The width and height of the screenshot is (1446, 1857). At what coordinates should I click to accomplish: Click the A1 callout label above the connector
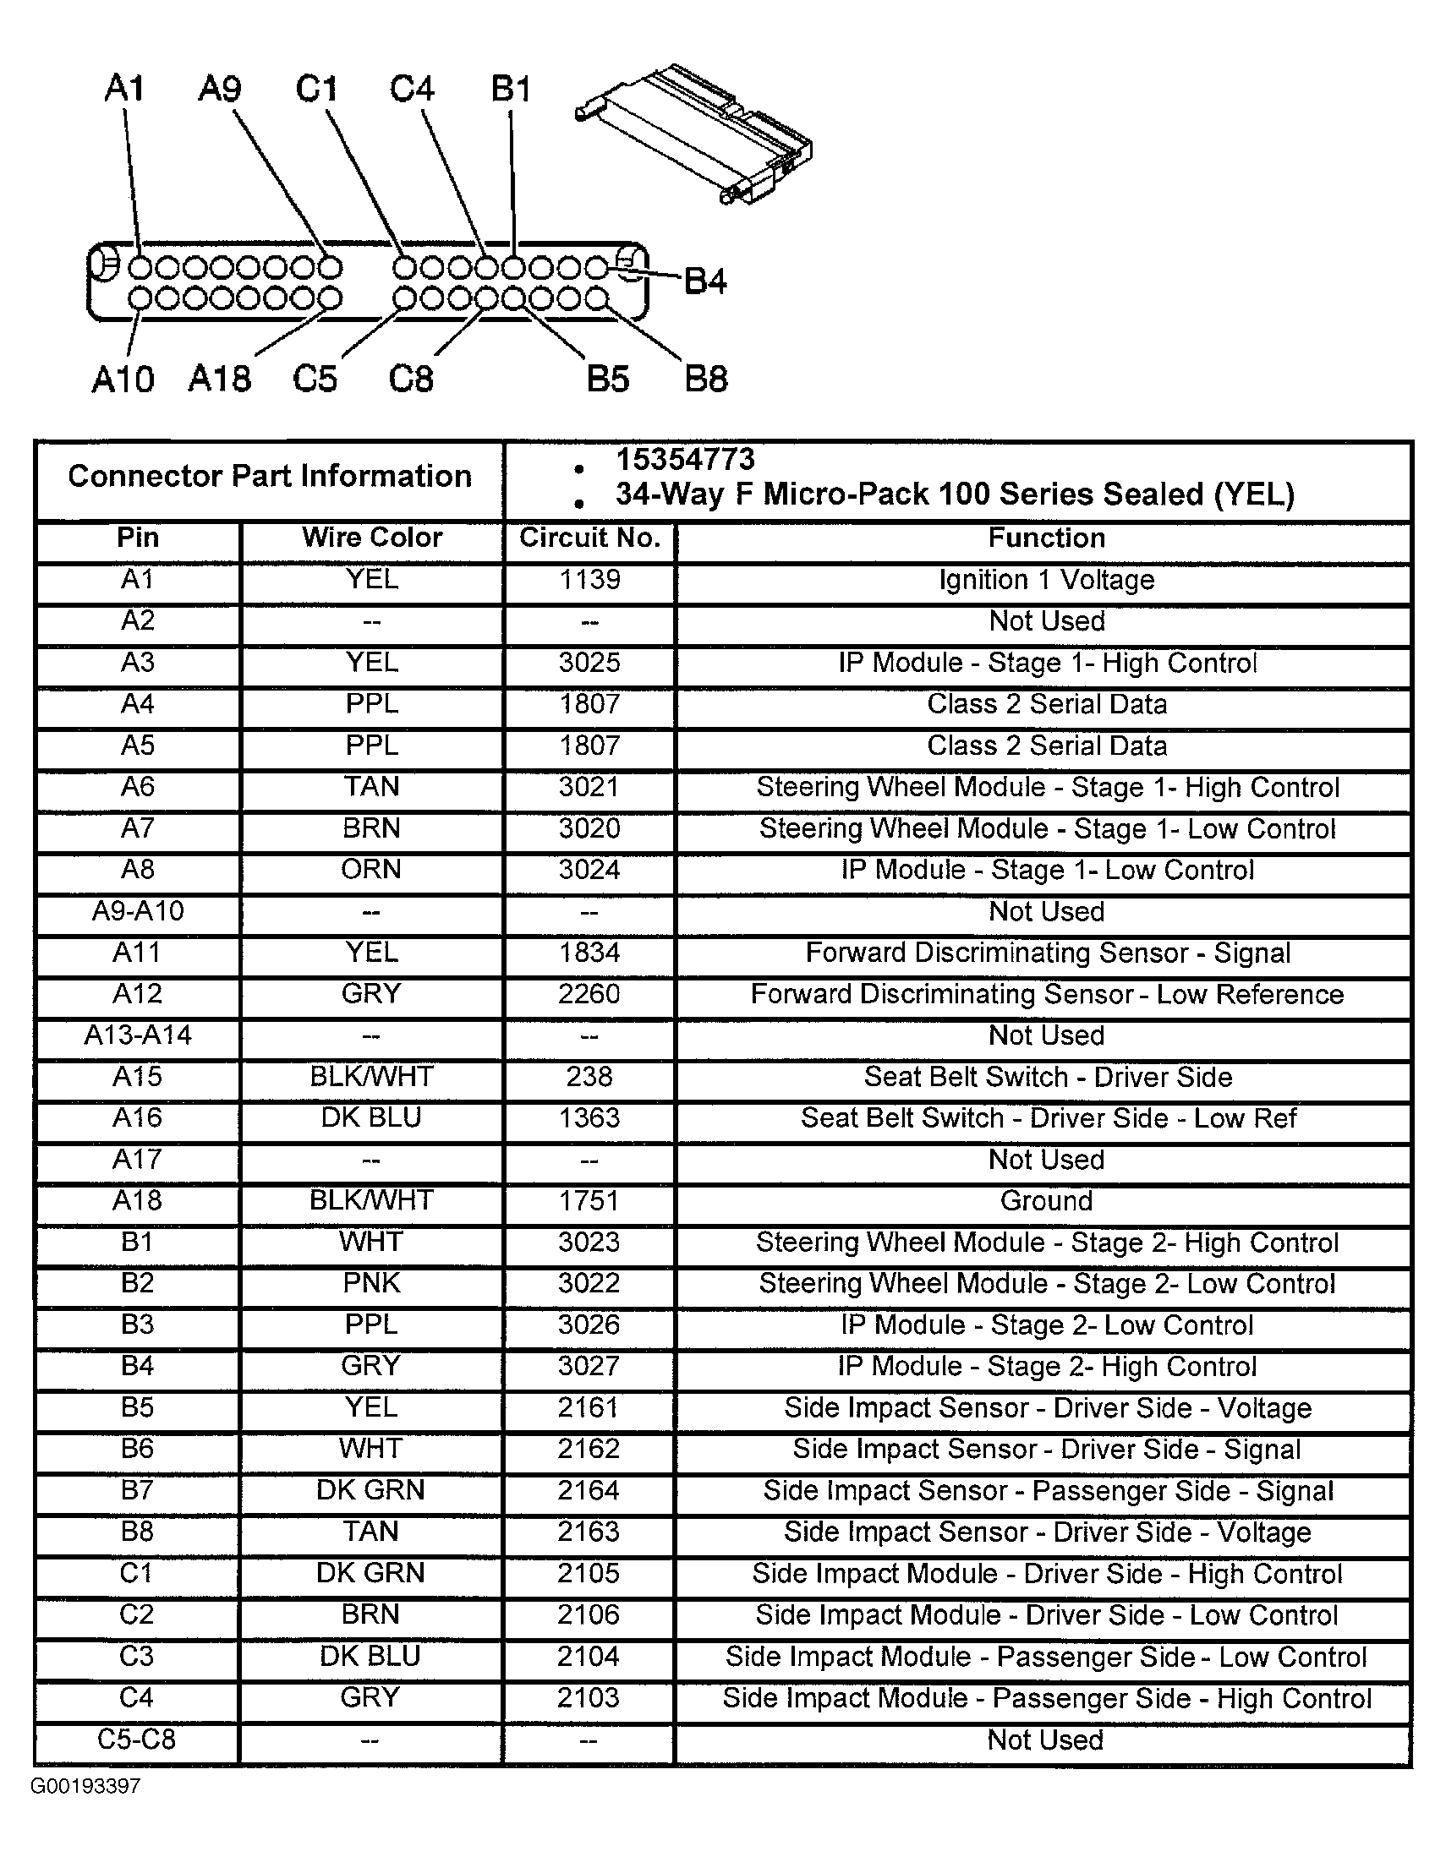pos(124,89)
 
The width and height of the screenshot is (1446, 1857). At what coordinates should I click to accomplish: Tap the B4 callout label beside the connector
pos(705,281)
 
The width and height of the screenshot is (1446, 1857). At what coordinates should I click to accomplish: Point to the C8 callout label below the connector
pos(411,379)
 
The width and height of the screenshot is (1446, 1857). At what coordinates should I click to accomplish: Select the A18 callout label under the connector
pos(220,379)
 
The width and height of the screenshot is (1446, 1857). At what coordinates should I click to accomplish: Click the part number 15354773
pos(685,460)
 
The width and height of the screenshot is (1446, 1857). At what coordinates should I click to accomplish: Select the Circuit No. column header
pos(589,538)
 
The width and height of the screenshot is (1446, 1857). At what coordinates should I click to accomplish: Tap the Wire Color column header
pos(372,538)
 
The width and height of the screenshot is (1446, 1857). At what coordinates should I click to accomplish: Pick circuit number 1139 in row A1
pos(589,580)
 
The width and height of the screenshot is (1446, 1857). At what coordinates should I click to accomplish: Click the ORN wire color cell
pos(371,870)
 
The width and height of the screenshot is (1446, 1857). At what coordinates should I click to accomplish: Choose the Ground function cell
pos(1046,1200)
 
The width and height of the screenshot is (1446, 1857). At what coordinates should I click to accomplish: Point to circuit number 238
pos(589,1077)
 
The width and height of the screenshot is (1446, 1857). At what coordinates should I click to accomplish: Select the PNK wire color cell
pos(371,1283)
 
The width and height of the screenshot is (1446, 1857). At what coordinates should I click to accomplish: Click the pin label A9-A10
pos(138,911)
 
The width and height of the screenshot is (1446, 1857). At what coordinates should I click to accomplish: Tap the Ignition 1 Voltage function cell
pos(1046,580)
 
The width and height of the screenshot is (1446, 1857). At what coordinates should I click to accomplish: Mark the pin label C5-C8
pos(136,1740)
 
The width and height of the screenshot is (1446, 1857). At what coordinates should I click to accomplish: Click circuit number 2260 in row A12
pos(589,994)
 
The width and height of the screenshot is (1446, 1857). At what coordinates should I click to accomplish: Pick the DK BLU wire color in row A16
pos(371,1117)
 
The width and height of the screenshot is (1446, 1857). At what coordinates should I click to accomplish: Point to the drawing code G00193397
pos(85,1787)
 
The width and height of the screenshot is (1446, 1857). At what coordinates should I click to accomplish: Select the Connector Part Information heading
pos(270,476)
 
